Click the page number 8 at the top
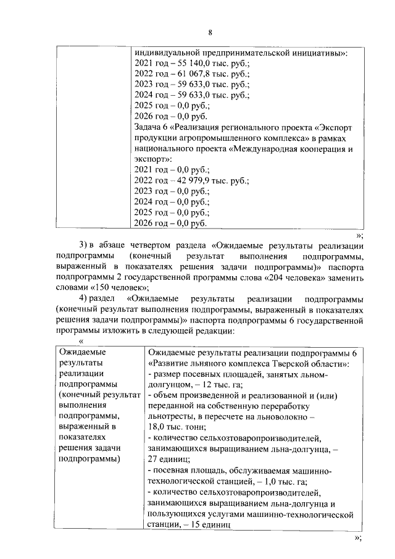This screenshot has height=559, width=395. click(x=210, y=32)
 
